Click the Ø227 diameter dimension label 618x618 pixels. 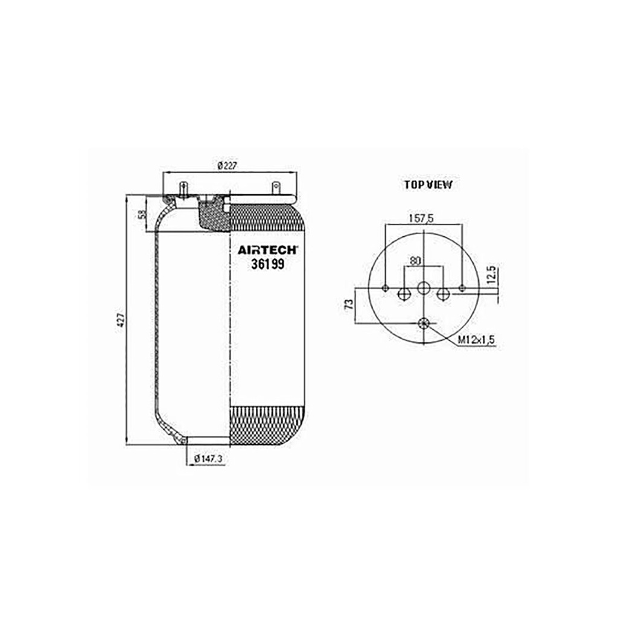(x=228, y=166)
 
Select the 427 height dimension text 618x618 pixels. (x=122, y=320)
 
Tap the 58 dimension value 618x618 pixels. (x=142, y=214)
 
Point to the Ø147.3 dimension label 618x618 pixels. (x=208, y=459)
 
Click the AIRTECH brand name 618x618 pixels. (x=267, y=250)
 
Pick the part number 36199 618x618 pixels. (x=267, y=264)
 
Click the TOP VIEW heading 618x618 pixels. (x=428, y=185)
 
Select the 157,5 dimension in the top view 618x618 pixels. (x=421, y=218)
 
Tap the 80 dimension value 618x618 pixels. (x=415, y=261)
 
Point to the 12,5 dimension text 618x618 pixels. (x=491, y=275)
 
